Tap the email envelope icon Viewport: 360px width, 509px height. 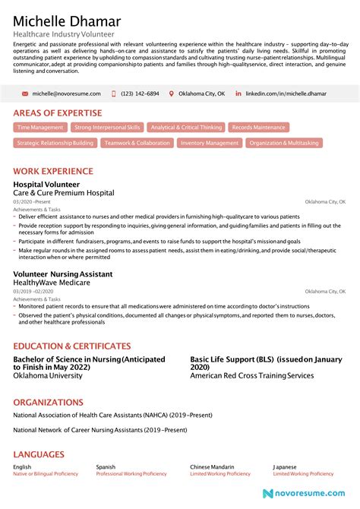click(x=25, y=93)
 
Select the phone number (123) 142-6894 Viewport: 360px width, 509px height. click(x=141, y=93)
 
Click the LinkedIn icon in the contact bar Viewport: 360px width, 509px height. click(x=238, y=93)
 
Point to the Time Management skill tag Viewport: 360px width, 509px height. click(x=40, y=128)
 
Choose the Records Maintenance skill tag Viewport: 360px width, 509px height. click(x=259, y=128)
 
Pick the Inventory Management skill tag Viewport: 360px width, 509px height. click(x=210, y=143)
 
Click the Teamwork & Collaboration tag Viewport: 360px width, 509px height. click(x=137, y=143)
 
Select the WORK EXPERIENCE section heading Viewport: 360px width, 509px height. click(x=53, y=172)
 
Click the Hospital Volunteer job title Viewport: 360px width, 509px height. click(x=45, y=185)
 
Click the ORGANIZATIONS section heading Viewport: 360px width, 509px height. click(x=48, y=402)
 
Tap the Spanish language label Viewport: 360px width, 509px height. click(x=106, y=466)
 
